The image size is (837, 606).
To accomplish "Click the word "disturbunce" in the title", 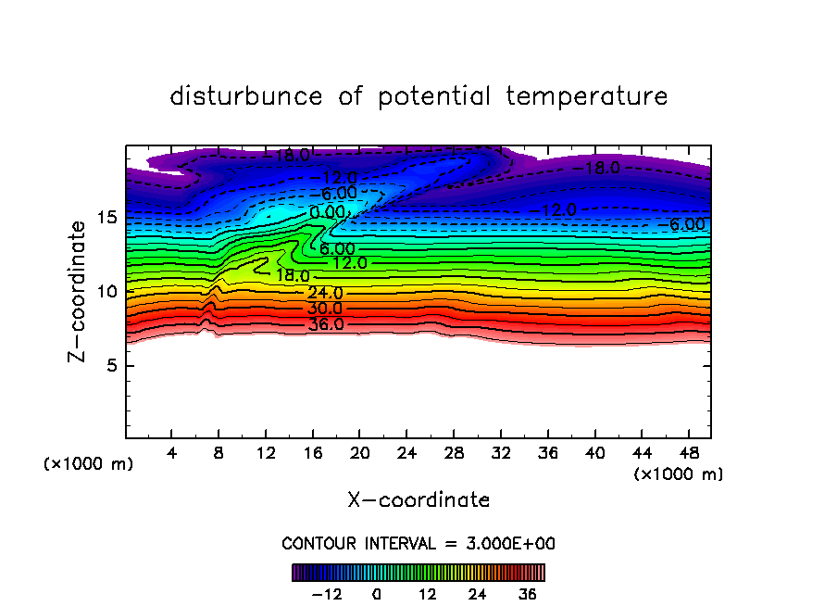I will (x=246, y=96).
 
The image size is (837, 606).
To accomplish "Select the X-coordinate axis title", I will (x=418, y=500).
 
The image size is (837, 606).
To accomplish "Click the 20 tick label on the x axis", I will (x=359, y=453).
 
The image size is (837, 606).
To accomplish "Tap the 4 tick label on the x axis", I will (x=172, y=453).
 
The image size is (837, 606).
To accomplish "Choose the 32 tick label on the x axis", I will (x=500, y=453).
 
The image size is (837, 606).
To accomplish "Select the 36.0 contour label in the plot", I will (x=326, y=324).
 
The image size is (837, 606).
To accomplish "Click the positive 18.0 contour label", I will (x=293, y=276).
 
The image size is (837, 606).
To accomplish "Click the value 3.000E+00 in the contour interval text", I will (x=512, y=543).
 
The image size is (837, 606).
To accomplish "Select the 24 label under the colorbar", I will (x=477, y=594).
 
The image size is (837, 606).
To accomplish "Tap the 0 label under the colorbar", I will (x=377, y=594).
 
